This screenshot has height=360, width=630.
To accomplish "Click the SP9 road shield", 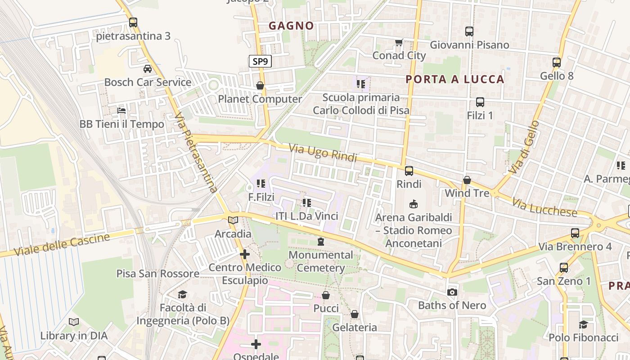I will click(x=261, y=61).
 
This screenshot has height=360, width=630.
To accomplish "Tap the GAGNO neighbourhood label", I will click(x=291, y=26).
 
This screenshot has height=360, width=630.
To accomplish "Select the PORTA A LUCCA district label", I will click(x=455, y=80).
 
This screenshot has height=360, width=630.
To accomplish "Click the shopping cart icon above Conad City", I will click(x=399, y=43).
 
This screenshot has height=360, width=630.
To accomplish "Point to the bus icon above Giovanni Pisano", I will click(x=469, y=31).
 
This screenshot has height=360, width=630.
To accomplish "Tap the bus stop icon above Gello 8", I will click(x=557, y=63).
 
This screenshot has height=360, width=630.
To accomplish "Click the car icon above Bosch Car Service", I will click(x=148, y=69).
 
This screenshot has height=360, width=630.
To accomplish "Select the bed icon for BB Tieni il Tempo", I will click(x=121, y=110).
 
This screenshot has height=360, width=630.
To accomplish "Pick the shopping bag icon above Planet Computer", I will click(x=260, y=85).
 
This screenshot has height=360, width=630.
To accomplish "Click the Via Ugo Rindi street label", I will click(x=323, y=153).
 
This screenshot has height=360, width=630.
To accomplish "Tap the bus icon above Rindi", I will click(x=409, y=171).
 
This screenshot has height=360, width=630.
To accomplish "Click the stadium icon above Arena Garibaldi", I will click(x=414, y=204).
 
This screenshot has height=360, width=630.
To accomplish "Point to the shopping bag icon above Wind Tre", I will click(x=467, y=180).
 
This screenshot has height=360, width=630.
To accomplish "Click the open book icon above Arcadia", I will click(x=233, y=220).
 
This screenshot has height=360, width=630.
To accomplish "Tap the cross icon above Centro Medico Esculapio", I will click(x=245, y=254).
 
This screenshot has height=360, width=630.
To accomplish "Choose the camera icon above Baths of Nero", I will click(x=452, y=292).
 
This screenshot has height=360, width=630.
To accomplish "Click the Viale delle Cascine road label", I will click(x=62, y=244).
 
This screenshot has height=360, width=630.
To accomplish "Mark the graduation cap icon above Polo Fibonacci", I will click(x=584, y=324).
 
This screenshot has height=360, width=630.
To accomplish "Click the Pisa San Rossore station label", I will click(x=158, y=274).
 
